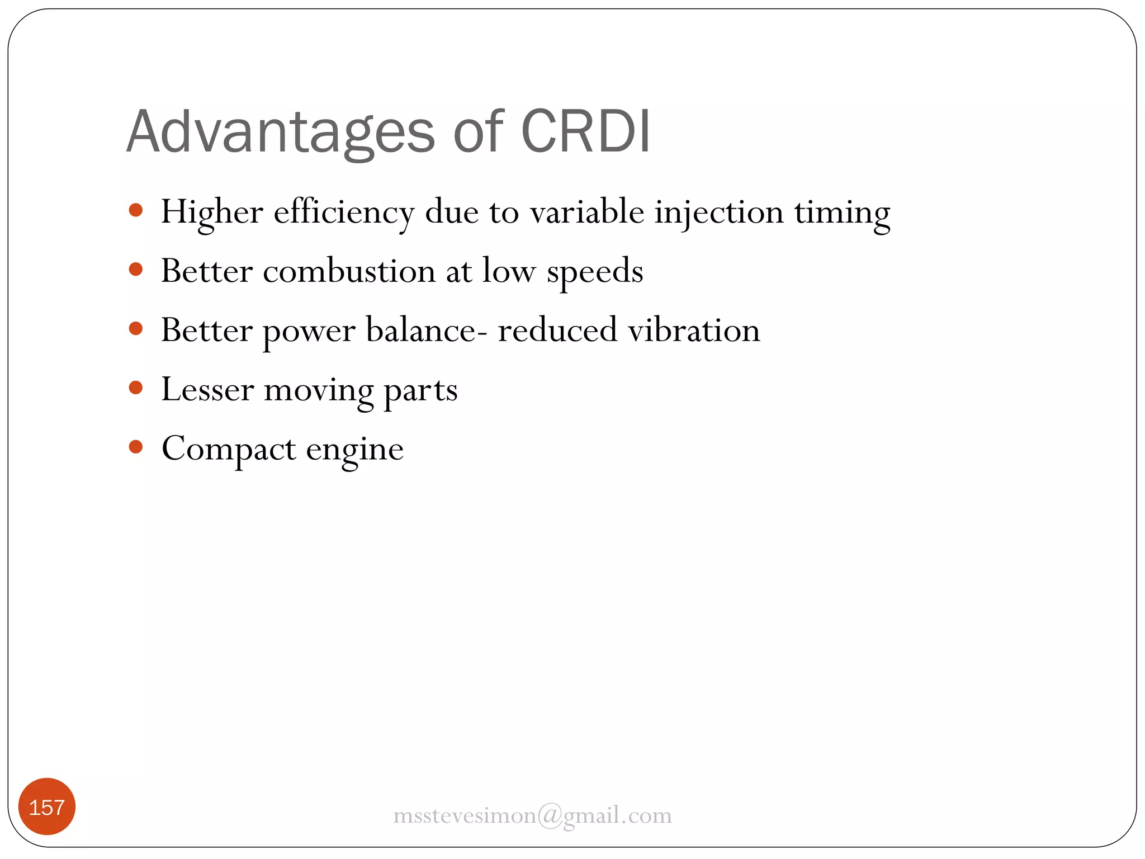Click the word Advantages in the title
coord(280,132)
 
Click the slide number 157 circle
coord(47,807)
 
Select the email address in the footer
coord(532,815)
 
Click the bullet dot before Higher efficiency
coord(136,210)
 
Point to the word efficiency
coord(344,213)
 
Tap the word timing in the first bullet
coord(842,214)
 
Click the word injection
coord(719,213)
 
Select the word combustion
coord(349,271)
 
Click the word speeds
coord(595,272)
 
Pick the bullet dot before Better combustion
coord(136,270)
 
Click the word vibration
coord(694,330)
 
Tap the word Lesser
coord(207,389)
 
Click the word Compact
coord(229,450)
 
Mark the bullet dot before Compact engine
coord(136,447)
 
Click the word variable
coord(587,213)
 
